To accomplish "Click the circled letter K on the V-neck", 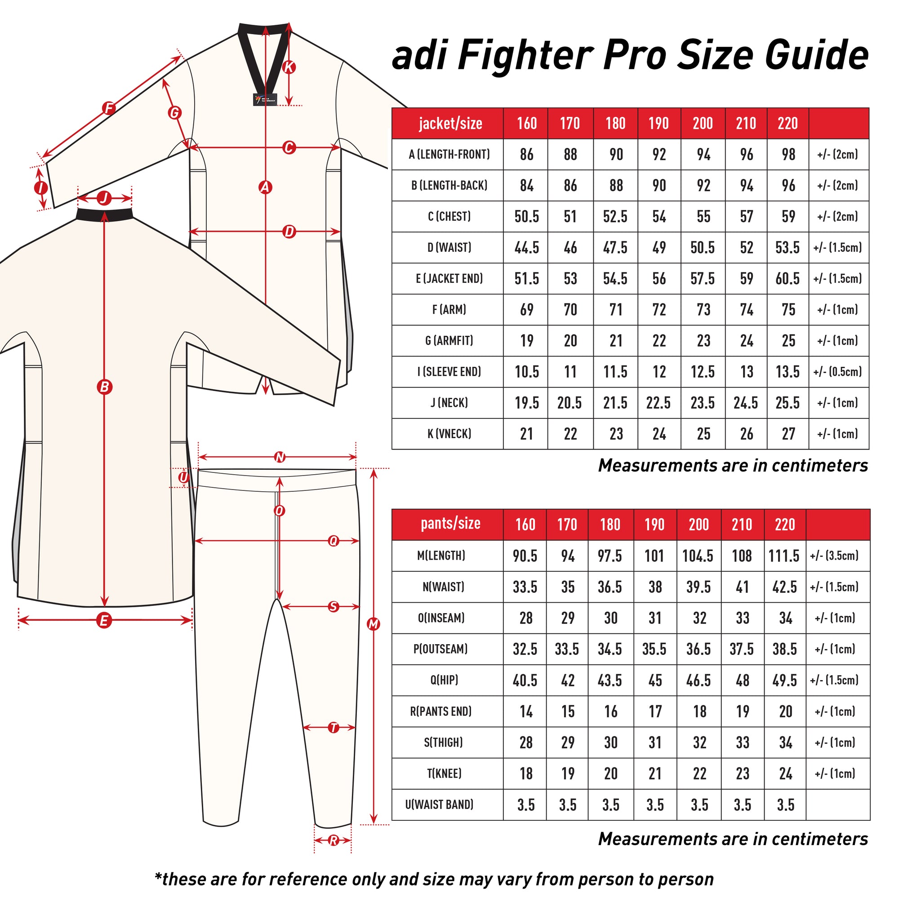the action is click(289, 67).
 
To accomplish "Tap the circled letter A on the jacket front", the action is click(265, 187).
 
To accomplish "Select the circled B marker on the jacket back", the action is click(105, 387).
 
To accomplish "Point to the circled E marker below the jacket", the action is click(104, 620).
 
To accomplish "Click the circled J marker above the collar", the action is click(104, 199).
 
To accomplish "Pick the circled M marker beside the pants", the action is click(374, 624).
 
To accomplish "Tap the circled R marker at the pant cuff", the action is click(333, 841).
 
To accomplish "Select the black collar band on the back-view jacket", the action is click(105, 214).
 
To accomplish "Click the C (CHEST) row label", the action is click(449, 216).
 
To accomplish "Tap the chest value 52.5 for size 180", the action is click(615, 216).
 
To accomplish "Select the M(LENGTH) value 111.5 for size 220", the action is click(784, 556).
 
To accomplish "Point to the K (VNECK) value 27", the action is click(788, 434).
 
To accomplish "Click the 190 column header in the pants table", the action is click(654, 525).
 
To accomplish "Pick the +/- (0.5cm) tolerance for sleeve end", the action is click(837, 371).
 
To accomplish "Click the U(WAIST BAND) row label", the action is click(439, 804).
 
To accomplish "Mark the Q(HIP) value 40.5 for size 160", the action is click(525, 680).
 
